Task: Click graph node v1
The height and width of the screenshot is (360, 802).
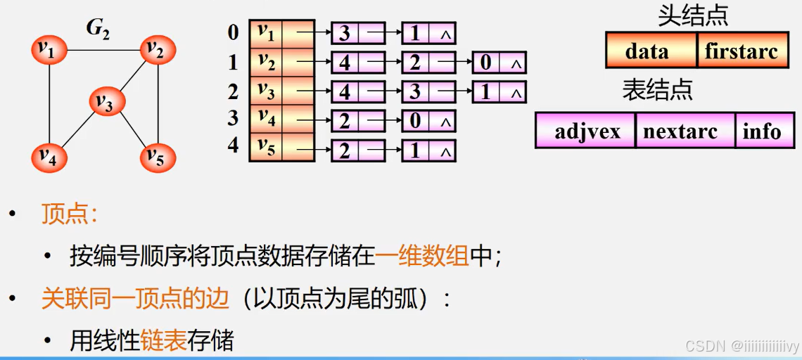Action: click(49, 50)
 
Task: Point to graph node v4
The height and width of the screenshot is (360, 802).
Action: click(49, 157)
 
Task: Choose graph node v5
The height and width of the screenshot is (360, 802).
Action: click(157, 157)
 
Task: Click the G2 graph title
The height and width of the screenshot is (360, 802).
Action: click(98, 29)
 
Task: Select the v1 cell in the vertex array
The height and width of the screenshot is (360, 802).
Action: click(266, 32)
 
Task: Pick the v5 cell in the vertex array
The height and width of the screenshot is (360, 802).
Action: click(266, 148)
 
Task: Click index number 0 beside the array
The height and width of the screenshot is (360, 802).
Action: click(233, 32)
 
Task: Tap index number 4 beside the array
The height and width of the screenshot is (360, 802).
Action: click(233, 146)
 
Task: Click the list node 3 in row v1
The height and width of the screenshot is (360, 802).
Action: click(345, 33)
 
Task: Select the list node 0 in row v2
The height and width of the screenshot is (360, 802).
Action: click(486, 63)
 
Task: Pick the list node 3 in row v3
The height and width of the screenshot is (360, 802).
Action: click(415, 92)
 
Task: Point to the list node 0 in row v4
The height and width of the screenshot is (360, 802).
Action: click(415, 121)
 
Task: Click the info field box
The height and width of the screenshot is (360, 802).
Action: click(762, 131)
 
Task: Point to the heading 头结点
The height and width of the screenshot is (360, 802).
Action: click(692, 15)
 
